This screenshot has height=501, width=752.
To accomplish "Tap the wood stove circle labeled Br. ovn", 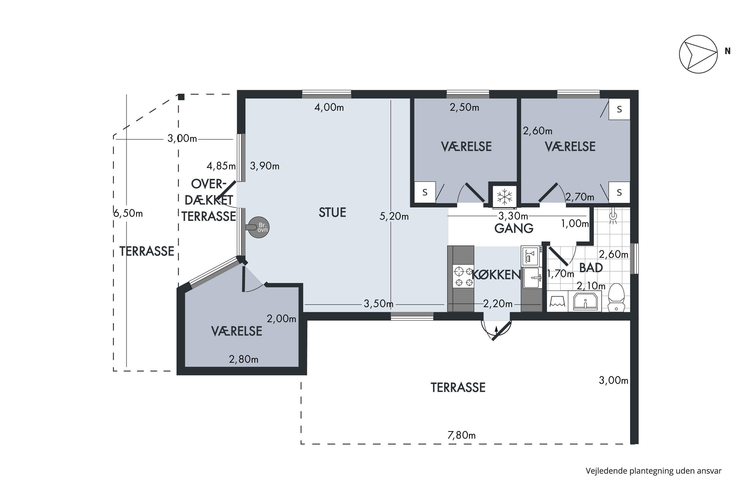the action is click(259, 227).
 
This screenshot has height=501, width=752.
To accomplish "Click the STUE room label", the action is click(332, 212).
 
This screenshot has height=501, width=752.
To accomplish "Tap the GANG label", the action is click(514, 228).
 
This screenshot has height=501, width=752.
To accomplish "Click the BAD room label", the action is click(591, 268).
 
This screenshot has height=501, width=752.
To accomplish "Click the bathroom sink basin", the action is click(585, 301).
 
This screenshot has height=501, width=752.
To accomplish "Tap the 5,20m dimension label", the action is click(394, 216).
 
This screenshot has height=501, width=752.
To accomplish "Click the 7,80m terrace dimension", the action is click(461, 435).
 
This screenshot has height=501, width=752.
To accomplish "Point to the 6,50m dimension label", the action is click(128, 213).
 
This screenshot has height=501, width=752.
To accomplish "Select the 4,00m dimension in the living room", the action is click(329, 107).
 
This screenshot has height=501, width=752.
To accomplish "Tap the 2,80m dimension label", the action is click(244, 359).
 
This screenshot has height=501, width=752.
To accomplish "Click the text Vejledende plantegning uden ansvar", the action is click(653, 471).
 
